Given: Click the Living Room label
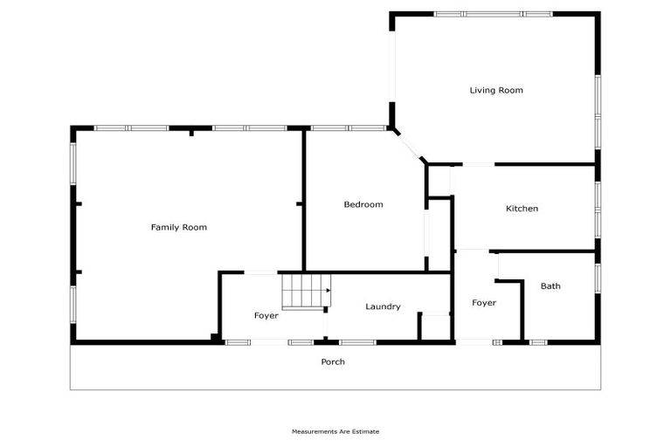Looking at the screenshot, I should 495,90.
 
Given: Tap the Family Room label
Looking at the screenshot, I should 178,227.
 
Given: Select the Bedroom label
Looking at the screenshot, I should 363,204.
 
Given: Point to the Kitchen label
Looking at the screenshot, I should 522,209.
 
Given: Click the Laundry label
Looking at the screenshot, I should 383,306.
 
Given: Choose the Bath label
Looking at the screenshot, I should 550,286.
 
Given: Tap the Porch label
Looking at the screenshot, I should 333,361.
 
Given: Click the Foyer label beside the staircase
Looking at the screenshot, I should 266,315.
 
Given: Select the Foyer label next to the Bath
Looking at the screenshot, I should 484,303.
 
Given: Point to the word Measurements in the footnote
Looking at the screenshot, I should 312,431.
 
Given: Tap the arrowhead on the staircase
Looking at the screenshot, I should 328,290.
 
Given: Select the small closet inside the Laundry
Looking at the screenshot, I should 434,326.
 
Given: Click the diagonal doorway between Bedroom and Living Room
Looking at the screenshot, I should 408,145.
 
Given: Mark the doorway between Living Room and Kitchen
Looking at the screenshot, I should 477,164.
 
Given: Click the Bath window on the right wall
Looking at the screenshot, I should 598,276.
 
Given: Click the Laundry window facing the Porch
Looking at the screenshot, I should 357,341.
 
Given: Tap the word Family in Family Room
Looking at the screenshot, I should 165,227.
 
